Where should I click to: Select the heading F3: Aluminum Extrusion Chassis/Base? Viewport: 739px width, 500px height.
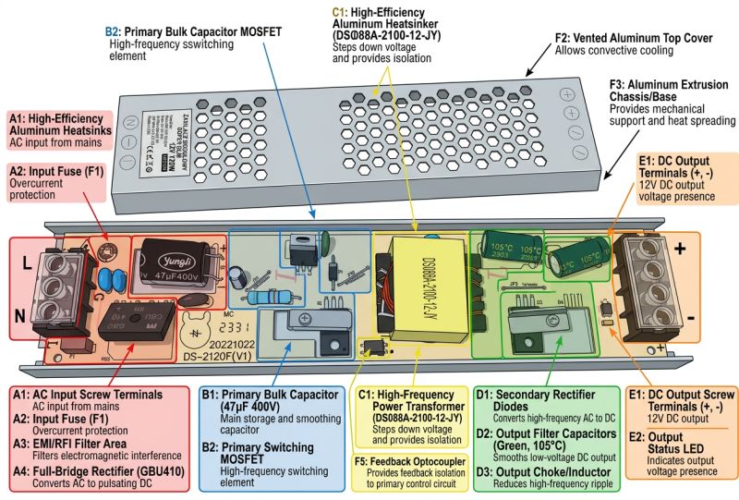pos(668,94)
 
